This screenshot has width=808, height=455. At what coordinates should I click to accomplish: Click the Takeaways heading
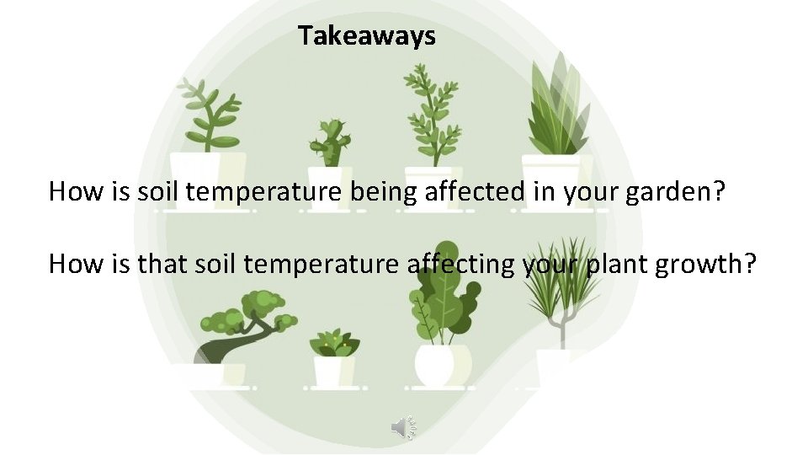[x=366, y=36]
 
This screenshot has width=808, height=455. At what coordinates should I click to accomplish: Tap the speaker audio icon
[x=404, y=428]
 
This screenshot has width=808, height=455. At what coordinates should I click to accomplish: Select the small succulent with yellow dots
[x=334, y=342]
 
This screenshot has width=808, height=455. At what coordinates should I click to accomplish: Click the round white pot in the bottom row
[x=436, y=366]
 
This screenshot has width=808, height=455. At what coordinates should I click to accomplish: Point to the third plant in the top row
[x=432, y=114]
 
